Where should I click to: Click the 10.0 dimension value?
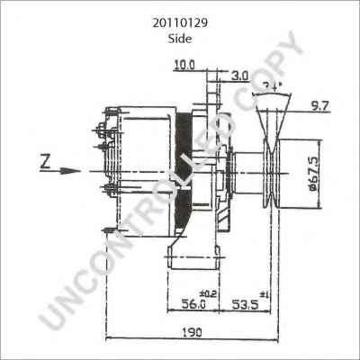click(184, 66)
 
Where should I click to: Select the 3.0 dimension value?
click(238, 76)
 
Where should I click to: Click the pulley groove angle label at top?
click(274, 85)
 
